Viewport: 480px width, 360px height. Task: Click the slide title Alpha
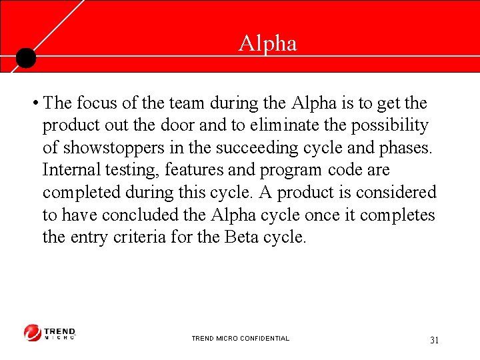point(267,44)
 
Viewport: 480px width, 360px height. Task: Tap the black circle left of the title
point(25,58)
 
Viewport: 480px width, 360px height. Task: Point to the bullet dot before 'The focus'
point(33,103)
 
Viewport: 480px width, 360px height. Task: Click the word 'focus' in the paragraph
point(97,103)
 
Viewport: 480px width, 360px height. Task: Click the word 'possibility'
point(391,126)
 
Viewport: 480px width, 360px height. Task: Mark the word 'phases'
point(406,148)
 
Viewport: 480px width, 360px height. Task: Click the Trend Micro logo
point(50,333)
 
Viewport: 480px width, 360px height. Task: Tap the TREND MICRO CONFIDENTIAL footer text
point(240,339)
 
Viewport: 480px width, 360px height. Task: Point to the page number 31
point(435,340)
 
